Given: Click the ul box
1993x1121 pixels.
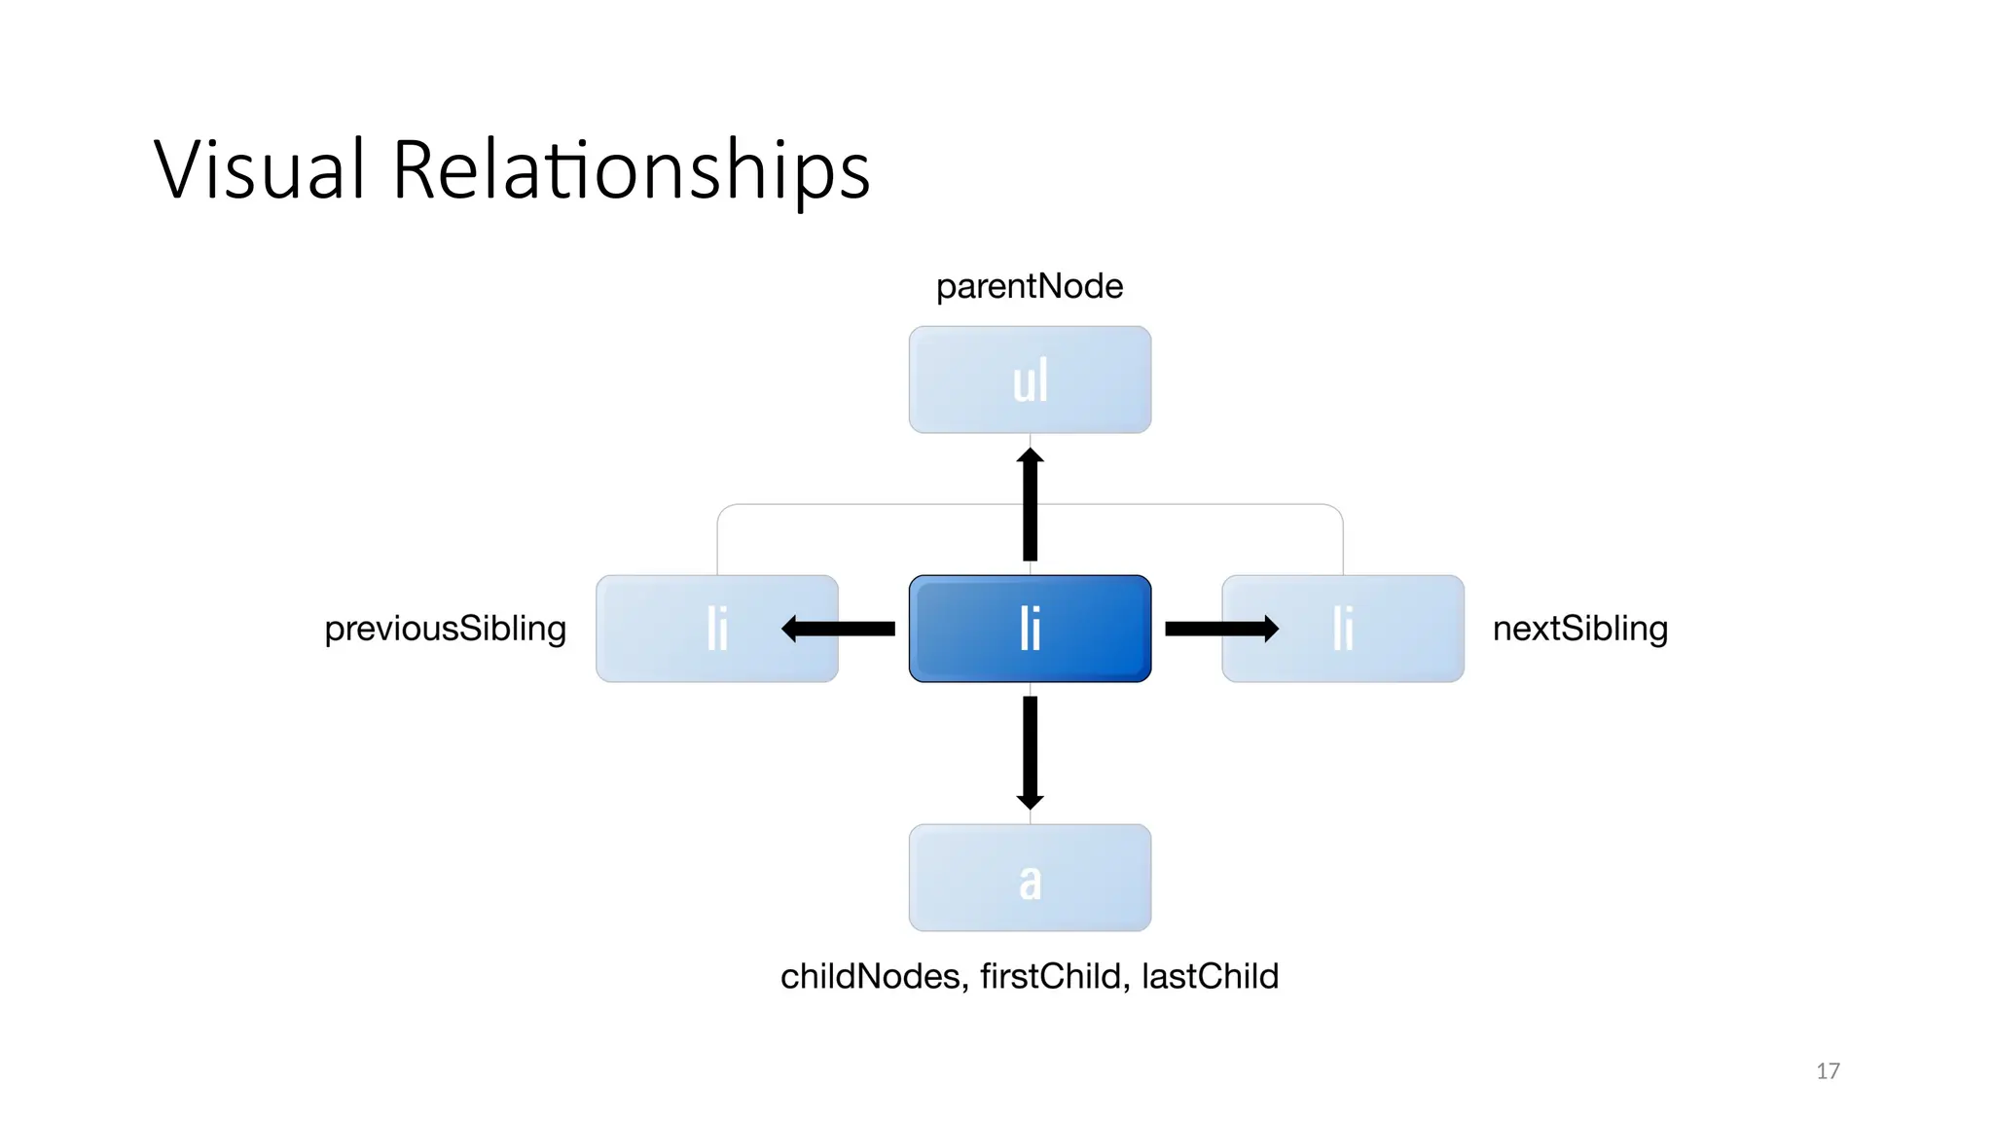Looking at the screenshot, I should pyautogui.click(x=1030, y=380).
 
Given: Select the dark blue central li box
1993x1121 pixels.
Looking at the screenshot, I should pyautogui.click(x=1030, y=629).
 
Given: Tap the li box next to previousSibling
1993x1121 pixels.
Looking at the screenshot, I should pyautogui.click(x=716, y=629).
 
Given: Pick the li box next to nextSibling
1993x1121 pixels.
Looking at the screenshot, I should pyautogui.click(x=1343, y=629).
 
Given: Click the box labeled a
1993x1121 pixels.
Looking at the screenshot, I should pyautogui.click(x=1030, y=878).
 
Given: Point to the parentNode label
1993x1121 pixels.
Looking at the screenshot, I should pyautogui.click(x=1030, y=286).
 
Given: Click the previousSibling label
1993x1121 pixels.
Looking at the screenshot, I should pyautogui.click(x=445, y=629).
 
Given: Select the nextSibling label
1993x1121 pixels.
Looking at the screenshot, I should pyautogui.click(x=1580, y=629).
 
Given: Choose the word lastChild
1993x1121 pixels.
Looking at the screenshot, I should pyautogui.click(x=1210, y=976).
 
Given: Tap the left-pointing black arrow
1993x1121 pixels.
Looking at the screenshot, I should pyautogui.click(x=838, y=629).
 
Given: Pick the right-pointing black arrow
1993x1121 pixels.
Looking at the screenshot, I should pyautogui.click(x=1221, y=629).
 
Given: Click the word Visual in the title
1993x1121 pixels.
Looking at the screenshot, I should pyautogui.click(x=260, y=170).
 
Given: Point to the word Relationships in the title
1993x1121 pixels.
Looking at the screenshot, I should pyautogui.click(x=631, y=170).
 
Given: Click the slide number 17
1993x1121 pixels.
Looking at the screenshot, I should pyautogui.click(x=1828, y=1071).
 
